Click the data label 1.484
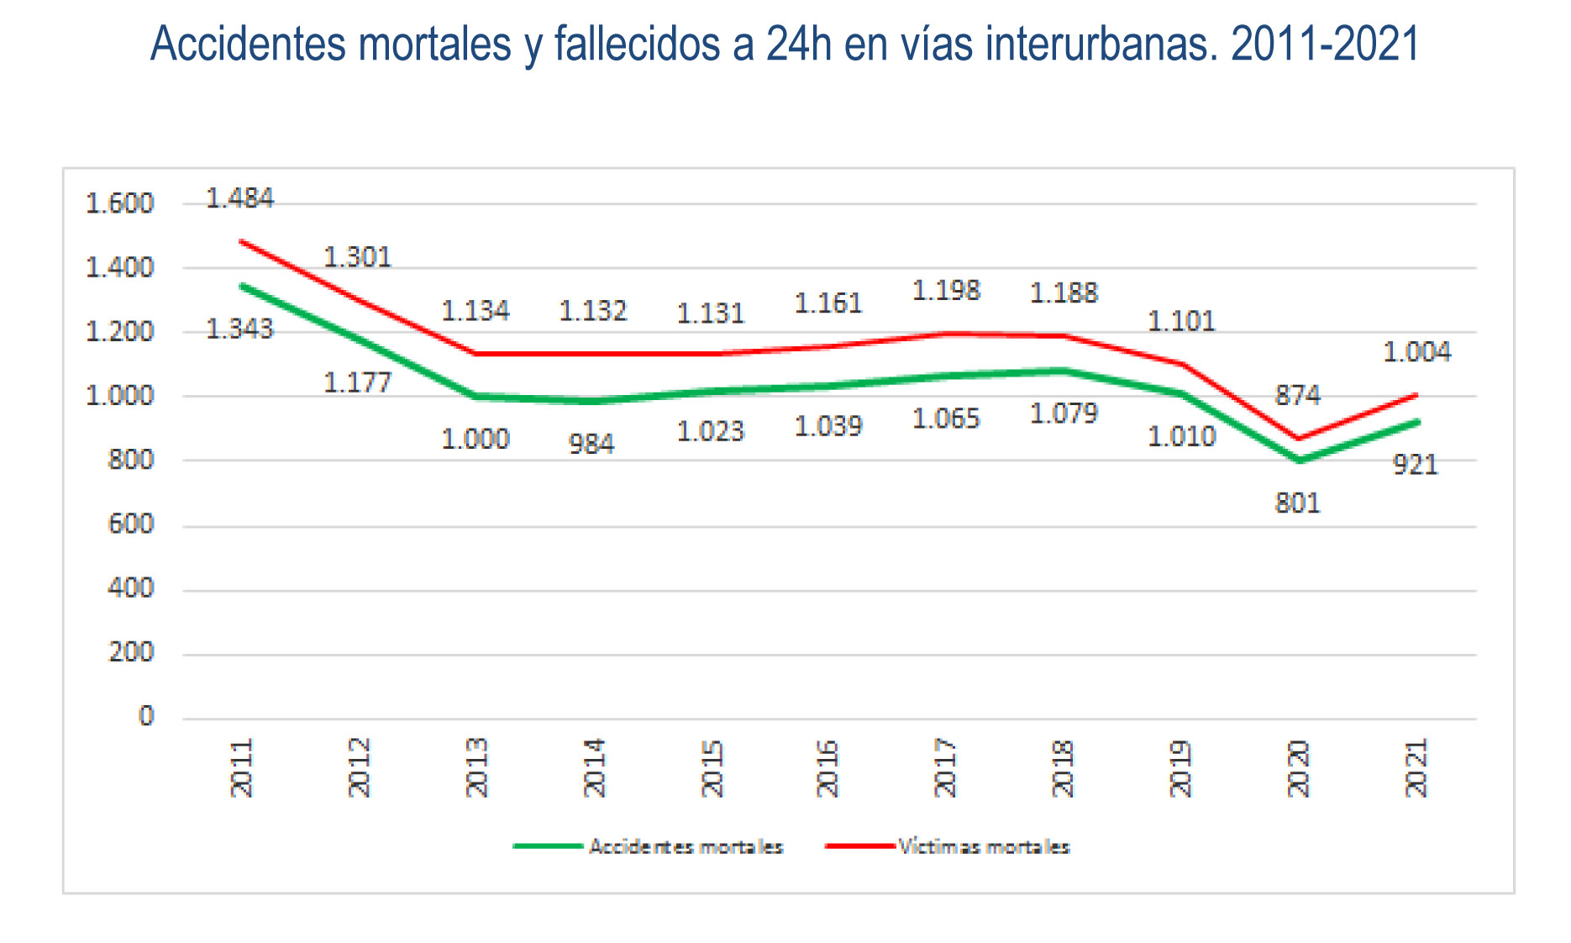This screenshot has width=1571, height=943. point(239,198)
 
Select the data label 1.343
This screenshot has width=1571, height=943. point(239,329)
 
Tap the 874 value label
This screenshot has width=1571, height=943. point(1297,395)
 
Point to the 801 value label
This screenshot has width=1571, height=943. point(1297,503)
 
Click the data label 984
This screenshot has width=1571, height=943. point(591,444)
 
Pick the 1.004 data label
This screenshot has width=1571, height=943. point(1416,351)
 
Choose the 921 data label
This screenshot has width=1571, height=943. point(1416,465)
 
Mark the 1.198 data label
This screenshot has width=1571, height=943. point(946,291)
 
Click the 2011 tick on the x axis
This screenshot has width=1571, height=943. point(241,767)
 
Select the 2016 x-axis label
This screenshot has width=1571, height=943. point(828,767)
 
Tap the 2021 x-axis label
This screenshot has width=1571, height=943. point(1416,767)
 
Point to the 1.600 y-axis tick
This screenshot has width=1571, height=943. point(120,203)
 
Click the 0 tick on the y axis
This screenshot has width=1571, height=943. point(146,716)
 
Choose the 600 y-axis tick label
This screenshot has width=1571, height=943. point(131,524)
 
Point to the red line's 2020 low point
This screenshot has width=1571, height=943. point(1299,439)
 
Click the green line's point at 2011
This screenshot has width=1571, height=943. point(242,286)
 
